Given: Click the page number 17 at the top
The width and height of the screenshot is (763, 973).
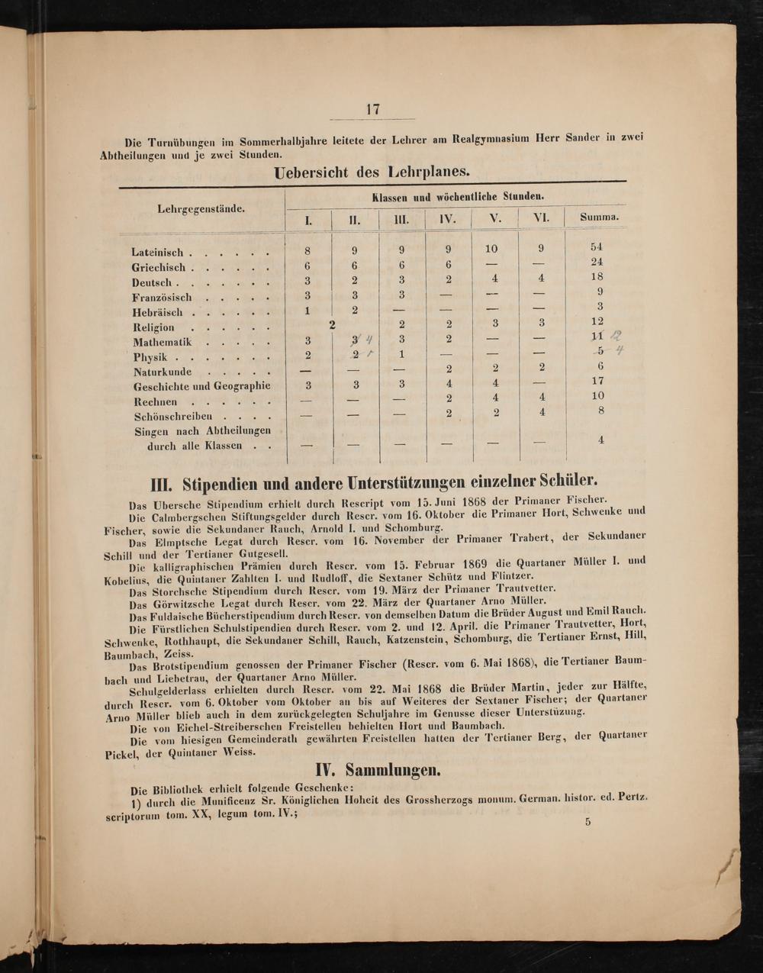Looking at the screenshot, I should (x=373, y=109).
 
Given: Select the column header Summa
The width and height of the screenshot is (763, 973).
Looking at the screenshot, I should (x=599, y=217).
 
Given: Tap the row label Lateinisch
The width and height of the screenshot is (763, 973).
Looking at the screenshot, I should (x=158, y=253).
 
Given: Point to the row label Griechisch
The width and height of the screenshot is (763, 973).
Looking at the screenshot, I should (x=159, y=268).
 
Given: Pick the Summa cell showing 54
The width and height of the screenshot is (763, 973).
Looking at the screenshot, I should (x=597, y=247).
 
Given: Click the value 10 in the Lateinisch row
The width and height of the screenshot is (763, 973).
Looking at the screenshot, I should (x=491, y=249).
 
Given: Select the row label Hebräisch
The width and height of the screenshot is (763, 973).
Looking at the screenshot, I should (x=157, y=313).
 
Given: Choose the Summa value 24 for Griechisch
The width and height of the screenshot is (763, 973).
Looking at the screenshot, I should (x=597, y=263).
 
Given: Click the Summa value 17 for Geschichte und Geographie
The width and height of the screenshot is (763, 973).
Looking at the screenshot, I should (x=597, y=381).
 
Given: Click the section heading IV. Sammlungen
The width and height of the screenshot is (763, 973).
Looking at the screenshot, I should (x=378, y=769).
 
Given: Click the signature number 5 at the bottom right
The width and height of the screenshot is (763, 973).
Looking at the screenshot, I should (x=588, y=822).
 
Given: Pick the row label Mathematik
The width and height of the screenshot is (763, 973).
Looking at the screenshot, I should (x=163, y=343).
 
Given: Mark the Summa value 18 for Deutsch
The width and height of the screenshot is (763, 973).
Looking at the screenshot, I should (x=597, y=277).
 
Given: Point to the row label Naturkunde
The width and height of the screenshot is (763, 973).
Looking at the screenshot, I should (x=163, y=372).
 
